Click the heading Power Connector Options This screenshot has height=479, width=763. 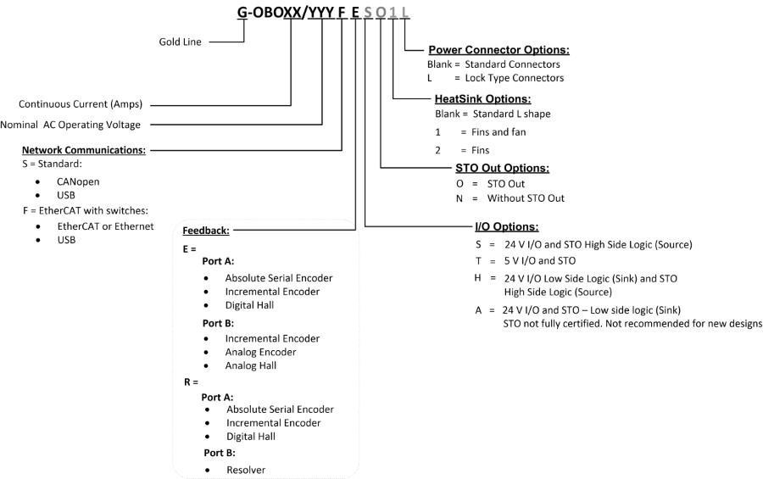point(498,50)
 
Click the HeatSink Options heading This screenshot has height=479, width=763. point(482,99)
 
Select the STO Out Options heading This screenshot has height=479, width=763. point(502,168)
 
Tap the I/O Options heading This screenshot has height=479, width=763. point(507,226)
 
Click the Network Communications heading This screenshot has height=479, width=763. point(84,150)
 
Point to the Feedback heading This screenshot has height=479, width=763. point(206,231)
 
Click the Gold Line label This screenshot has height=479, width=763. point(180,42)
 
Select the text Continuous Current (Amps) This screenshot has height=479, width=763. point(81,104)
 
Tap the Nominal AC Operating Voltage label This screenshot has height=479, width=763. point(70,125)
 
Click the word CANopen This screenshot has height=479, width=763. point(78,181)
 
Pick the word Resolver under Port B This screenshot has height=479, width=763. point(246,470)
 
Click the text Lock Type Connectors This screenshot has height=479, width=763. point(515,78)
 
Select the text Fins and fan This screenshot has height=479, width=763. point(498,132)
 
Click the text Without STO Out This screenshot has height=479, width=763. point(526,198)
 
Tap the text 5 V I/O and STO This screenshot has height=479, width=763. point(540,261)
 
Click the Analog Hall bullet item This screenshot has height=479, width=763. point(251,365)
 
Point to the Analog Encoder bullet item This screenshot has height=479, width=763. point(260,352)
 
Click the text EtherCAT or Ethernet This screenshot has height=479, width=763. point(105,226)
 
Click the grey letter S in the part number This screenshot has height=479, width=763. point(368,12)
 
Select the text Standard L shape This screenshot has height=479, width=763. point(511,114)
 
